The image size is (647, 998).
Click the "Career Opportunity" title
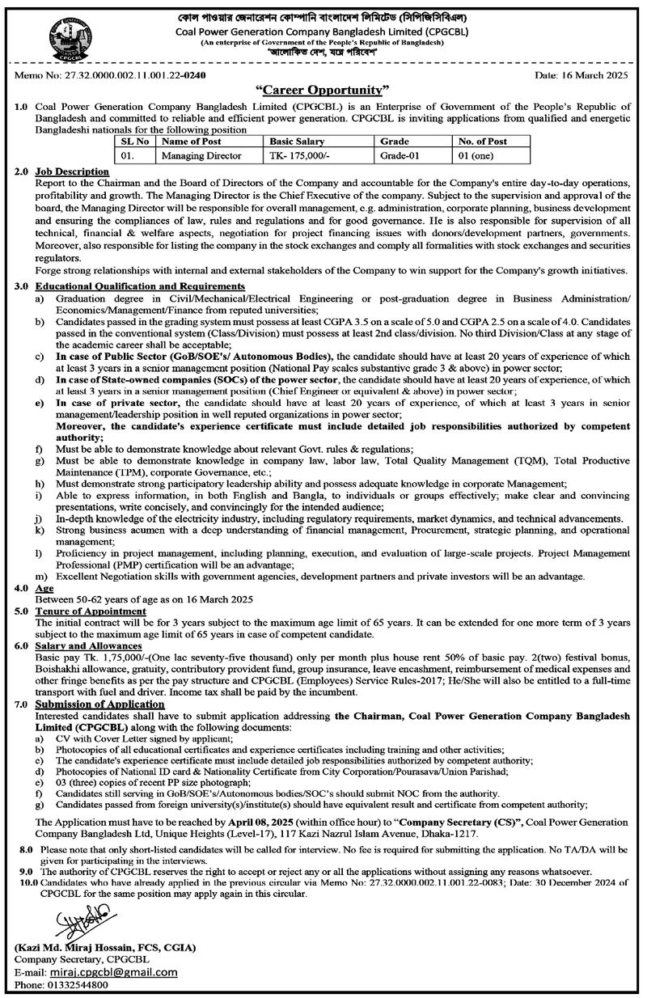click(323, 89)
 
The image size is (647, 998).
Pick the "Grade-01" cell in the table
click(395, 152)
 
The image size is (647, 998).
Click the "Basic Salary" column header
click(296, 140)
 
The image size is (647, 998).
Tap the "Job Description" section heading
click(72, 171)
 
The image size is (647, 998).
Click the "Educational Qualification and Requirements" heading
click(140, 286)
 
